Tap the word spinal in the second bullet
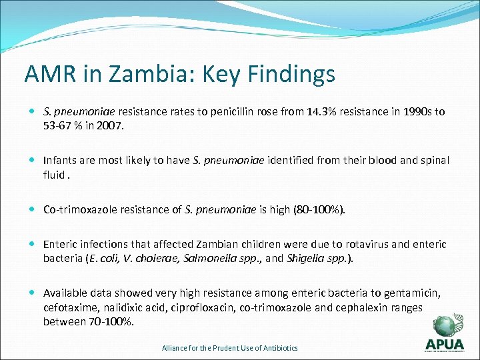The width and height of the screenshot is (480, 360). pyautogui.click(x=434, y=161)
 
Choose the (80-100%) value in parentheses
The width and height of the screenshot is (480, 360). pyautogui.click(x=318, y=209)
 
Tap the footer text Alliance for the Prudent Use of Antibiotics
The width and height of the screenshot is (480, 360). pyautogui.click(x=230, y=348)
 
